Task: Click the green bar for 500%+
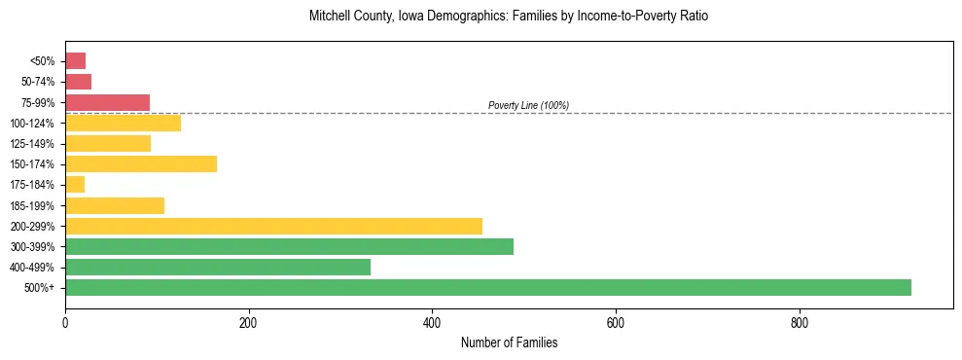pos(487,287)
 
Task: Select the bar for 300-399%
pos(289,246)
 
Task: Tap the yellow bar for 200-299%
pos(273,226)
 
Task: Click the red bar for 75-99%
pos(107,102)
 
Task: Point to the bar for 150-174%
pos(141,163)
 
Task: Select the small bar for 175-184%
pos(75,184)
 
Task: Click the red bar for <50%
pos(75,60)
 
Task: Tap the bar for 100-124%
pos(123,123)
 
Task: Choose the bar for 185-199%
pos(115,205)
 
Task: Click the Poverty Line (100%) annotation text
pos(528,105)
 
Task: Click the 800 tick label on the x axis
pos(799,322)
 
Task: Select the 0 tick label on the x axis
pos(65,322)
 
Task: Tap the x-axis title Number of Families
pos(509,342)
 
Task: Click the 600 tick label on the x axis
pos(616,322)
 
